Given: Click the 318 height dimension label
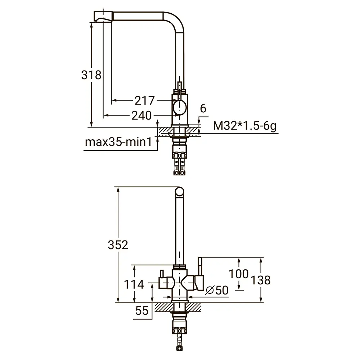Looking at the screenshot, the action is tap(91, 75).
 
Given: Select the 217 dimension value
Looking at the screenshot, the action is tap(144, 100).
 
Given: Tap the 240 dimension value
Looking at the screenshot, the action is tap(141, 116).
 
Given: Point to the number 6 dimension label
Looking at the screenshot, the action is tap(203, 108).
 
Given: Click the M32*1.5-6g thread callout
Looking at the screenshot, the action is tap(245, 126).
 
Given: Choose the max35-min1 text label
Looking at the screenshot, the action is tap(118, 142).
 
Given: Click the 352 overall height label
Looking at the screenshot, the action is tap(118, 245).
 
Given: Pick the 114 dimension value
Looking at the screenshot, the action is tap(134, 284).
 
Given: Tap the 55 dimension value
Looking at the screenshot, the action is tap(141, 311).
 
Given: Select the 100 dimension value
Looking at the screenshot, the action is tap(239, 274).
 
